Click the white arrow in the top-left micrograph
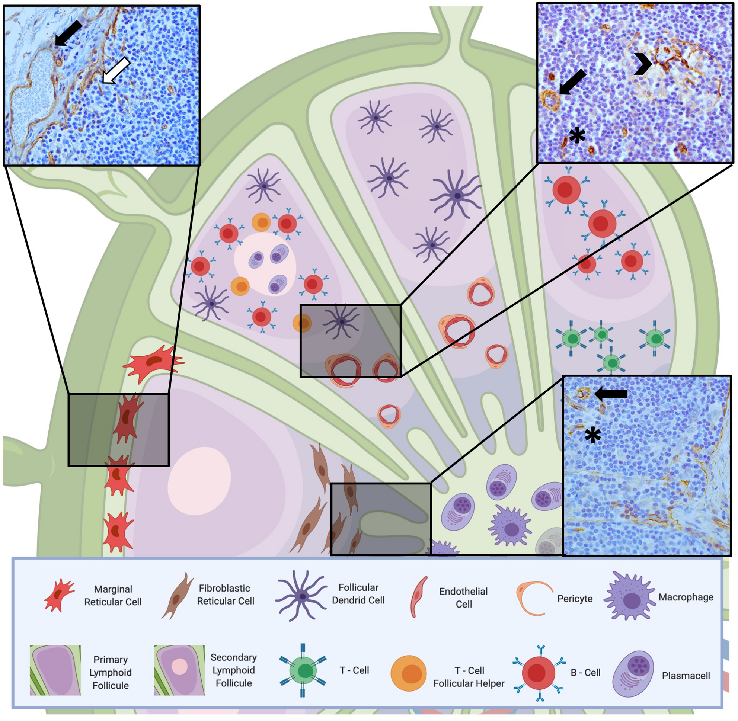tap(116, 71)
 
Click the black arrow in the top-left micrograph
tap(68, 33)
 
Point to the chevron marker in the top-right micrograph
tap(643, 64)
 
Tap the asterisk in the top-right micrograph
tap(577, 135)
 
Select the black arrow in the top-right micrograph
tap(572, 82)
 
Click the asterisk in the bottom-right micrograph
tap(592, 436)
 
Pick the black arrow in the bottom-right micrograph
tap(611, 394)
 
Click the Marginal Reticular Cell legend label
tap(113, 595)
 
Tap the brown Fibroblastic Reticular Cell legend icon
tap(177, 596)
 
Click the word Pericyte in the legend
tap(575, 599)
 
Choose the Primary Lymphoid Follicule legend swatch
tap(55, 670)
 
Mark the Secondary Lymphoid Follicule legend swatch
tap(179, 670)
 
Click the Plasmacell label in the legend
tap(686, 676)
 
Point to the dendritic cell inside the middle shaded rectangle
tap(342, 322)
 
